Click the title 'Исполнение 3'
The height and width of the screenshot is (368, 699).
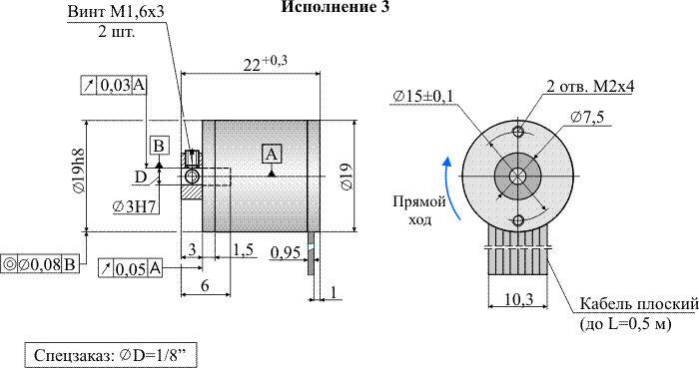(336, 7)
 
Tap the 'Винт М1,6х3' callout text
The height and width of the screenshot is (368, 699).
(116, 12)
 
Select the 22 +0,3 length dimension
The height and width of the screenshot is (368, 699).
(266, 64)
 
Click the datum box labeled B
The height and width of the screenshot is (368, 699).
(159, 146)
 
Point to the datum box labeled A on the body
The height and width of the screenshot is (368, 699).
(272, 154)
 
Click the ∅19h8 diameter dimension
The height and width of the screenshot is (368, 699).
(79, 171)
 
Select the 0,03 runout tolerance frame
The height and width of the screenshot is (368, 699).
(114, 85)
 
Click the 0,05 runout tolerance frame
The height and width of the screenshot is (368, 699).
(130, 268)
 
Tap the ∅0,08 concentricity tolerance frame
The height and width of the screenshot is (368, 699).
(40, 264)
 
